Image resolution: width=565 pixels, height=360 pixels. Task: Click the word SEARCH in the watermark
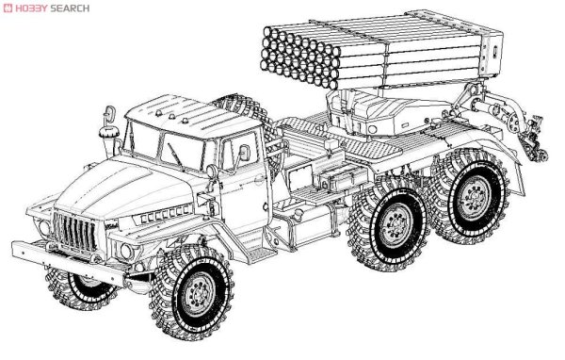(x=70, y=8)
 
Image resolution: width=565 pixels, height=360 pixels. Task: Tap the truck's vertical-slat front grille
(x=75, y=231)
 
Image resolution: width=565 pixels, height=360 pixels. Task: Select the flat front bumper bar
(x=68, y=262)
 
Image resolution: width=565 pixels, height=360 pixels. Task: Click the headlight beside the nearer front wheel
(x=126, y=251)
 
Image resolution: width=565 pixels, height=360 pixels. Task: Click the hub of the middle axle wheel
(x=396, y=224)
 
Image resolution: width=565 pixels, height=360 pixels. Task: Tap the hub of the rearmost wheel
(x=473, y=197)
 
